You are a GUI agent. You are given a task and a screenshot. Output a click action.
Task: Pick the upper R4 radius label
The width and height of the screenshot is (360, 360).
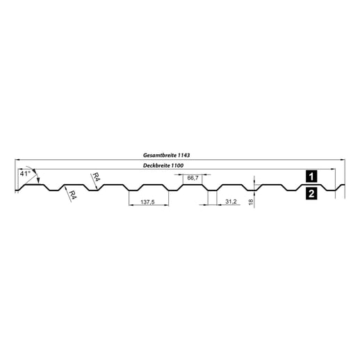(97, 177)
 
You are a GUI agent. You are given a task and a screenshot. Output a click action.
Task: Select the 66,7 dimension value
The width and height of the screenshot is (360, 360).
(193, 178)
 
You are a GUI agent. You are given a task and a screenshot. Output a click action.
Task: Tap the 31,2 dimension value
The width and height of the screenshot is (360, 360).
(231, 202)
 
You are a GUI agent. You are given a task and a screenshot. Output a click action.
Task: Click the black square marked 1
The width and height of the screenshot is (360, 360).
(311, 175)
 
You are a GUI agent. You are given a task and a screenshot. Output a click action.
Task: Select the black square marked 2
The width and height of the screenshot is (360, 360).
(311, 194)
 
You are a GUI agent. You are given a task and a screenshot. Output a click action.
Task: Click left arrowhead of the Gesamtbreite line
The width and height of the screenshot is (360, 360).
(16, 160)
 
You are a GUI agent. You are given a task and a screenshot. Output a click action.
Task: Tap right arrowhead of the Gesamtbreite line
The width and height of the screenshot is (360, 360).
(343, 160)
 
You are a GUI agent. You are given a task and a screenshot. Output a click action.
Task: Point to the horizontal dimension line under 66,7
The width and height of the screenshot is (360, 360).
(193, 182)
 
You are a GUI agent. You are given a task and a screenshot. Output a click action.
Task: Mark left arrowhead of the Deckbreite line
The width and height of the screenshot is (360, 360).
(16, 170)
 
